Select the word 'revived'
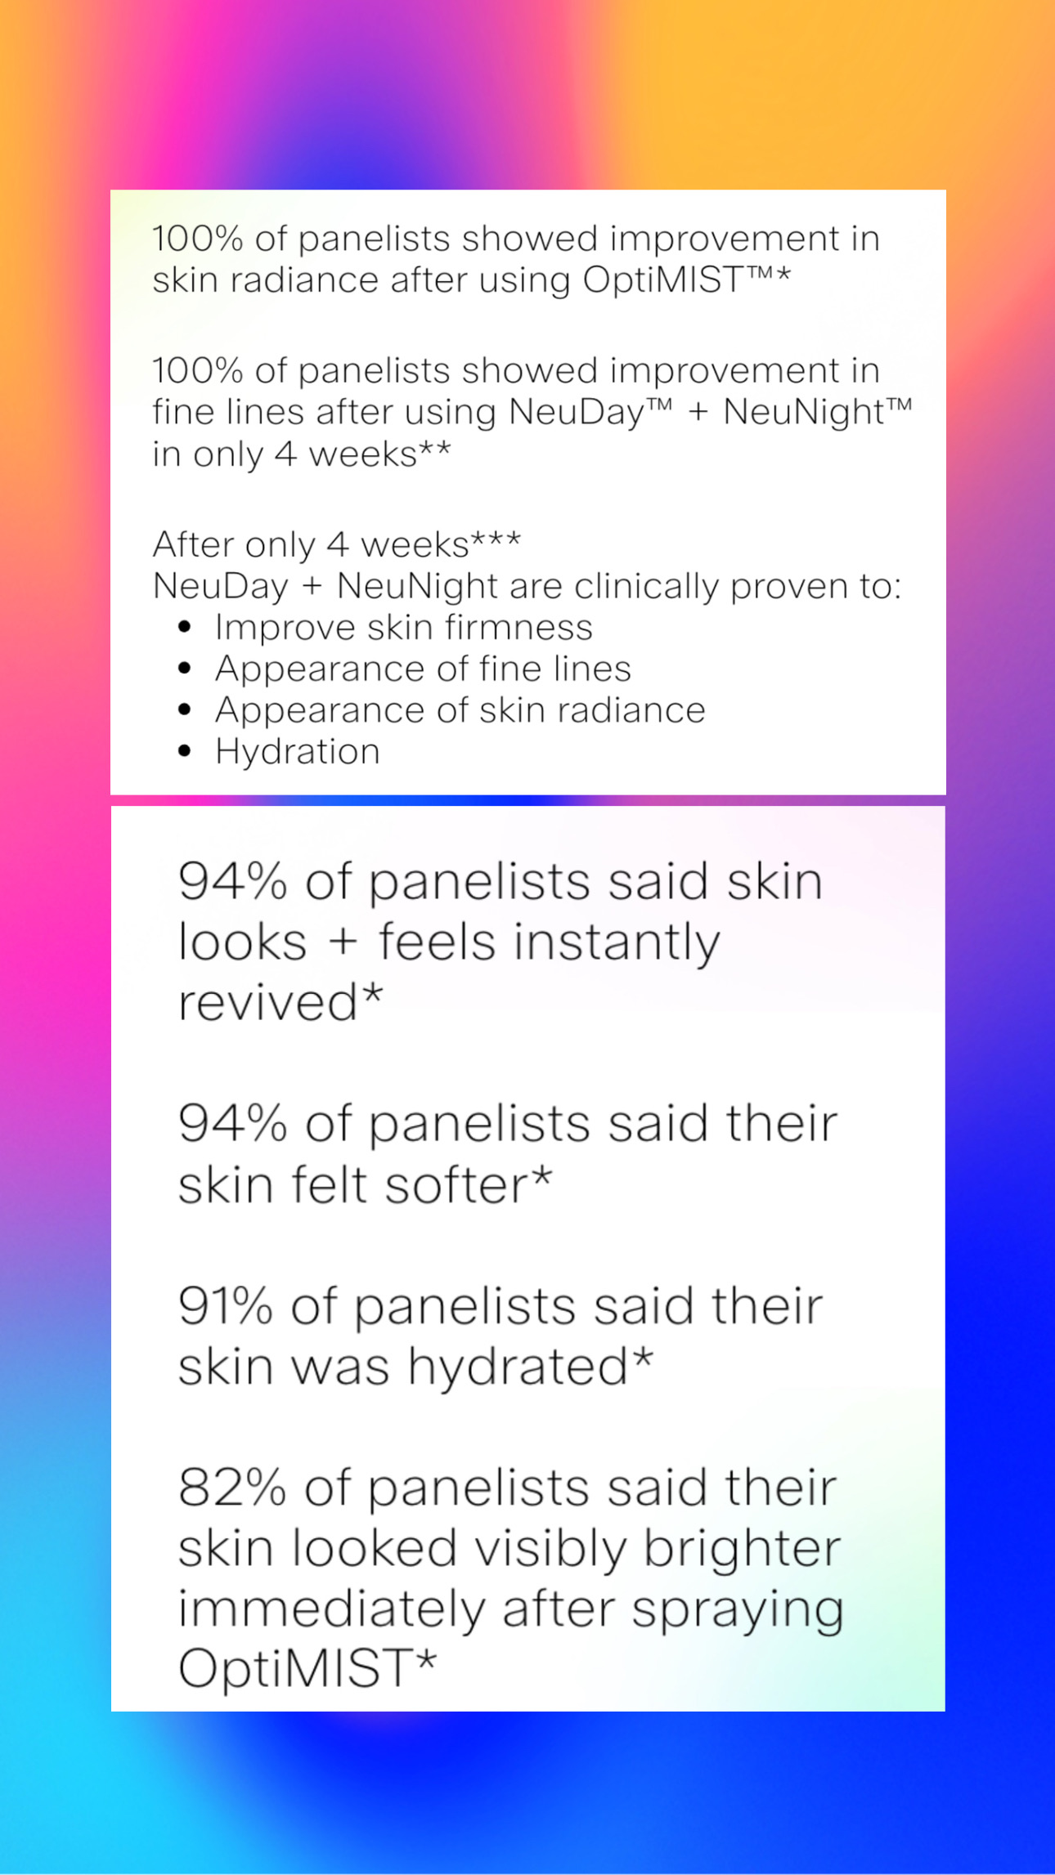pyautogui.click(x=268, y=1003)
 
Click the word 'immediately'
pyautogui.click(x=332, y=1610)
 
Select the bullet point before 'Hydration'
pyautogui.click(x=185, y=751)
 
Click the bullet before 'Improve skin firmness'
pyautogui.click(x=185, y=627)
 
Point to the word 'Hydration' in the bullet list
pyautogui.click(x=298, y=752)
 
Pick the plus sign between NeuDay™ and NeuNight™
pyautogui.click(x=698, y=412)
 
